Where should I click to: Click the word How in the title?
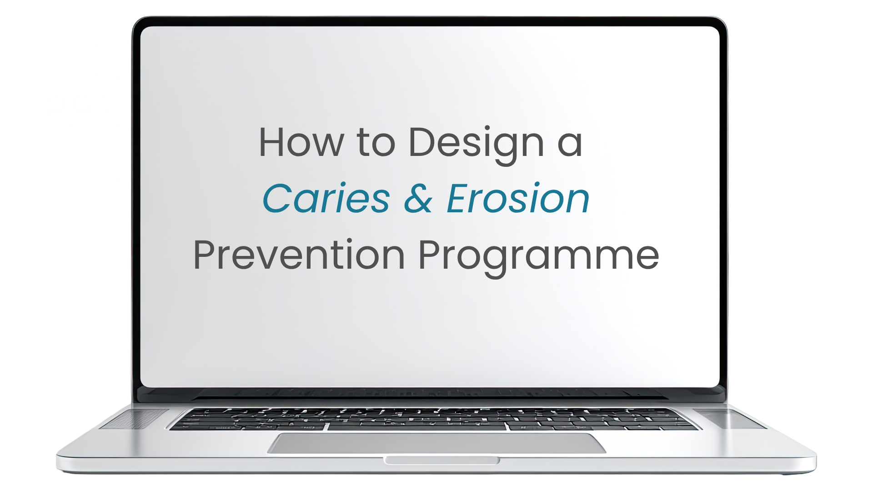click(301, 142)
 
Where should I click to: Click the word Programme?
click(539, 258)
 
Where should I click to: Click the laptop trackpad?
click(436, 443)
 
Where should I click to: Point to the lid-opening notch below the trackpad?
click(442, 461)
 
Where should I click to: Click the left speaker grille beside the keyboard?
click(135, 419)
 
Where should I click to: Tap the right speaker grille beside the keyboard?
click(730, 419)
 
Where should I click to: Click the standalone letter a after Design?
click(570, 146)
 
